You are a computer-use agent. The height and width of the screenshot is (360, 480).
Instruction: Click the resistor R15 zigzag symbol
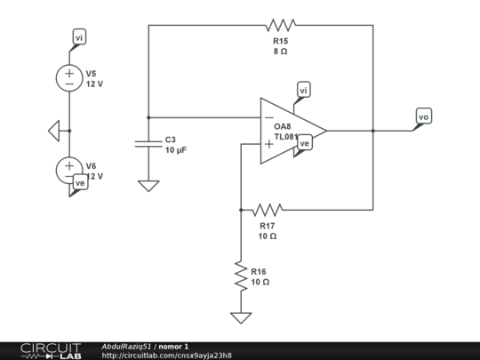(x=280, y=25)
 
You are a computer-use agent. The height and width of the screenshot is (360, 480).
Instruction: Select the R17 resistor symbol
(x=267, y=210)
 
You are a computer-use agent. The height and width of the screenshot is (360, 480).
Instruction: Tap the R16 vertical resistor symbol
(x=240, y=274)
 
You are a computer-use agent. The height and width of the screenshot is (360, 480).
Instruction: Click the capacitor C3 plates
(x=148, y=143)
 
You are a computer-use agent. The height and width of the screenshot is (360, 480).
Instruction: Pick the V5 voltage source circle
(x=70, y=78)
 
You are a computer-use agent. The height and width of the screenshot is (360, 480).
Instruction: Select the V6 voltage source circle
(x=70, y=168)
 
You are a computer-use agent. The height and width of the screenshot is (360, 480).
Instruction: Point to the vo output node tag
(x=424, y=116)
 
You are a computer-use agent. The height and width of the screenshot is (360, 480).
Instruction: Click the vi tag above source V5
(x=79, y=37)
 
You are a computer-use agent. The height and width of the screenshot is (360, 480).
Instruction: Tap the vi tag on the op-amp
(x=304, y=91)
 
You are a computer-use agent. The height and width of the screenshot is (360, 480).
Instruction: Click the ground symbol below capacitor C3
(x=148, y=186)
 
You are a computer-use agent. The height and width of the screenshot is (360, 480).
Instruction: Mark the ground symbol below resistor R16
(x=240, y=317)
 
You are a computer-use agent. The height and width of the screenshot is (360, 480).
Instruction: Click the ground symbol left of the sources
(x=54, y=131)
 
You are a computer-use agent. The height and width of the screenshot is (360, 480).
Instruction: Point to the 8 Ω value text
(x=280, y=52)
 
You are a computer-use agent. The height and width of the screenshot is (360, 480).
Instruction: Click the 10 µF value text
(x=176, y=151)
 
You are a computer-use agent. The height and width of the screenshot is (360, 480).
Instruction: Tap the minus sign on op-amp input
(x=268, y=117)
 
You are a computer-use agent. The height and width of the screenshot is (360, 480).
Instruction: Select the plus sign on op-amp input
(x=268, y=144)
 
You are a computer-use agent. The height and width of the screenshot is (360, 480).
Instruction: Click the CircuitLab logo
(x=50, y=350)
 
